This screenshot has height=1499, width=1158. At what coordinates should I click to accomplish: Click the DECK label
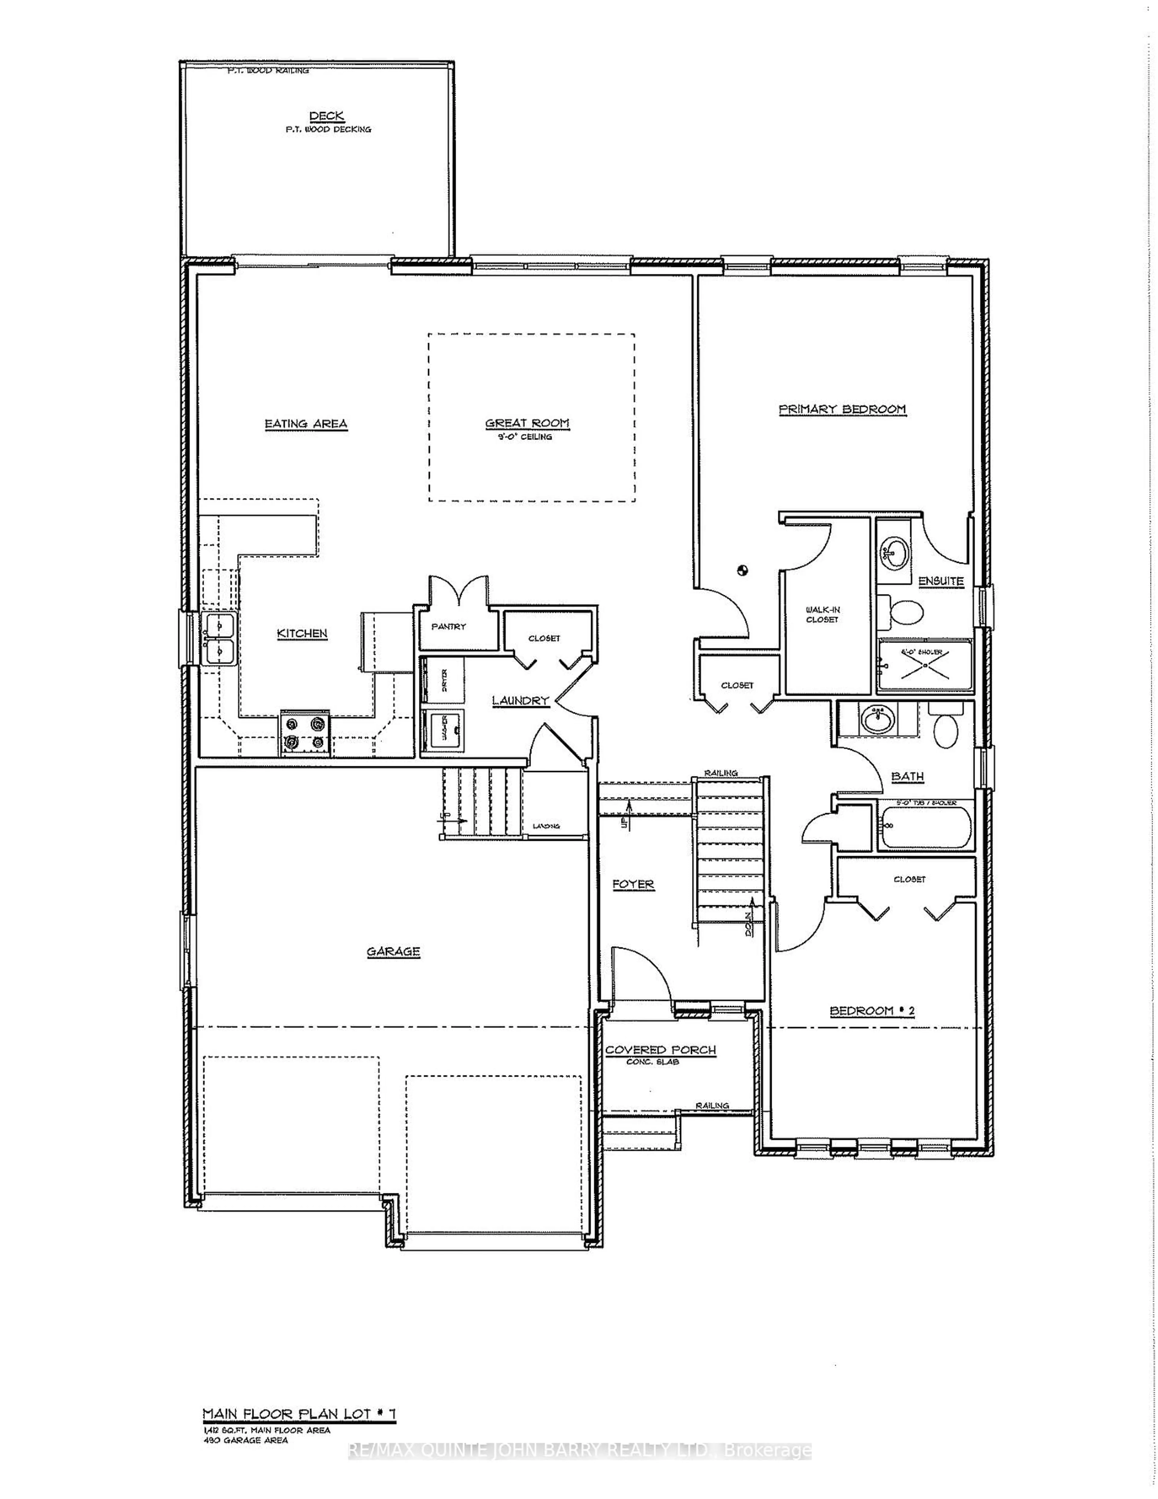point(327,116)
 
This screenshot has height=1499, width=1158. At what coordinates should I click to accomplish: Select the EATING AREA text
point(306,424)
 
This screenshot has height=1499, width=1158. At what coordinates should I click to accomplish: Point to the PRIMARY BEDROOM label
point(842,409)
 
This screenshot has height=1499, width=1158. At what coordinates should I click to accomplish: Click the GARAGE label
point(393,951)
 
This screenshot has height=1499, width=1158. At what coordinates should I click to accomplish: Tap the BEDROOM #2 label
point(872,1011)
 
